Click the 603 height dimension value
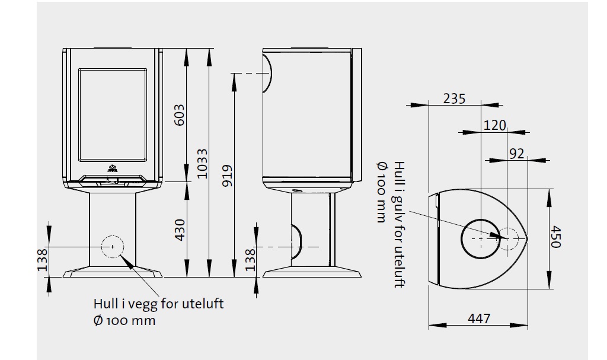pos(180,114)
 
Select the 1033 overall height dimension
pos(203,164)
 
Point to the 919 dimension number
pos(228,176)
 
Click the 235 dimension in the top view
pos(454,99)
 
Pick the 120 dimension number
pos(495,126)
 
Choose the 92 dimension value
pos(517,154)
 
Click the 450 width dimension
pos(555,237)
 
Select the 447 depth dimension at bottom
pos(479,318)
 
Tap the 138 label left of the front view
pos(42,260)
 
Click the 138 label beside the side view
pos(251,260)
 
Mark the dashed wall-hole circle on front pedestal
pos(113,247)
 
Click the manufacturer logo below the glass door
pos(113,168)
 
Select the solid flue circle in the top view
pos(481,238)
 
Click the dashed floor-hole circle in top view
pos(507,238)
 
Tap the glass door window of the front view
pos(113,114)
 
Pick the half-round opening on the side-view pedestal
pos(296,242)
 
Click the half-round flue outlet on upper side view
pos(267,73)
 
